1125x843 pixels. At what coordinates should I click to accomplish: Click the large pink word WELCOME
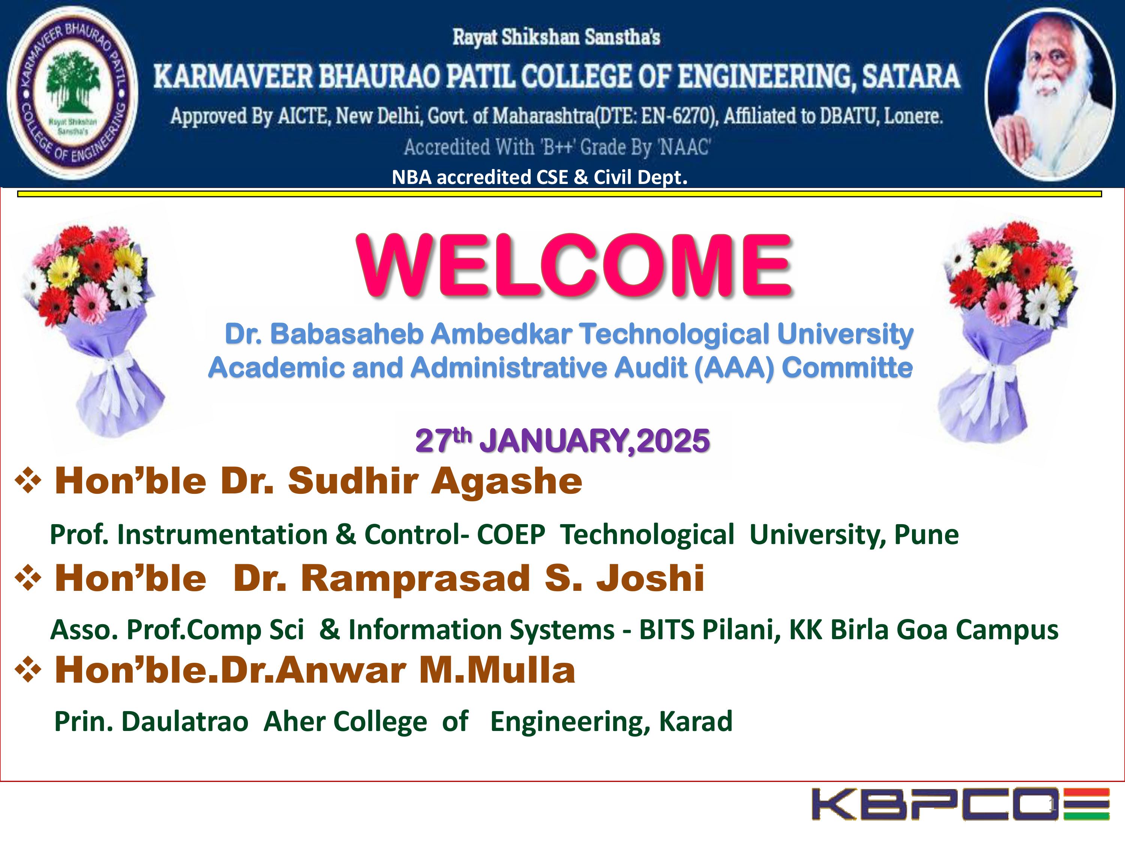point(574,265)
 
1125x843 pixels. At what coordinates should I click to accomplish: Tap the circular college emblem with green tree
point(72,93)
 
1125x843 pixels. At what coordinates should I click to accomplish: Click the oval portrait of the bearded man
point(1051,94)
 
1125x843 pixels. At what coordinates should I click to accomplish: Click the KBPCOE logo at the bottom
point(961,804)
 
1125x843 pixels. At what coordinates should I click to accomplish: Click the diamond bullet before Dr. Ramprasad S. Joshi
point(28,579)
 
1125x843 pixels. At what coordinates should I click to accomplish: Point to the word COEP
point(511,535)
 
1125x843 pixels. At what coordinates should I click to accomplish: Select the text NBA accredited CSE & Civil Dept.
point(540,177)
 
